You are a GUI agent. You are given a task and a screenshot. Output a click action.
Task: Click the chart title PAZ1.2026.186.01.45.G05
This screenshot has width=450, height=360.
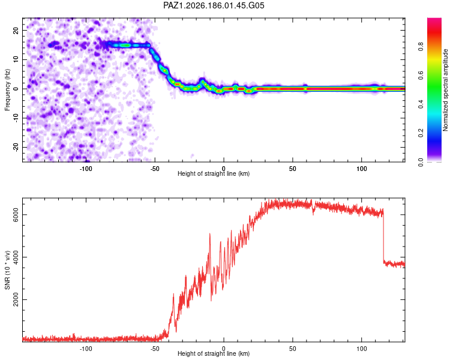[x=214, y=5]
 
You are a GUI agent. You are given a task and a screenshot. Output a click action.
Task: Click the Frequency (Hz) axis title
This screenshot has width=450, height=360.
[x=7, y=89]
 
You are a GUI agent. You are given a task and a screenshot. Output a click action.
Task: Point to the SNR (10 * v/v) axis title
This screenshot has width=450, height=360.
[x=7, y=270]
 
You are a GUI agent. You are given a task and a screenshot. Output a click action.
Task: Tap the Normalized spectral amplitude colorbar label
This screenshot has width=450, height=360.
[x=445, y=90]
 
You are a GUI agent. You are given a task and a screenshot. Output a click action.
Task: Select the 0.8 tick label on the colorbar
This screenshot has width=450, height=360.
[x=421, y=47]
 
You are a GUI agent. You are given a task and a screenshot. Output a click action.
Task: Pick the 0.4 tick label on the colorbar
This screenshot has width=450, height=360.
[x=421, y=104]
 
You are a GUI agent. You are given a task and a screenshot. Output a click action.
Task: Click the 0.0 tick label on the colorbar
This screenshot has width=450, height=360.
[x=421, y=162]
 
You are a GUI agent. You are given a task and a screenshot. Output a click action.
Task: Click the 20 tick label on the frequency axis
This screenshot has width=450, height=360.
[x=16, y=31]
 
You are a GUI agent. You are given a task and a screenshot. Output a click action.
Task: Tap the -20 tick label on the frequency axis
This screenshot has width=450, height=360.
[x=16, y=148]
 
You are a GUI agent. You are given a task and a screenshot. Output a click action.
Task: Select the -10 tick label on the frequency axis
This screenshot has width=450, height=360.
[x=16, y=118]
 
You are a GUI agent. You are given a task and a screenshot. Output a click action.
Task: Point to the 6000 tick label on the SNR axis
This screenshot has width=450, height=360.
[x=16, y=215]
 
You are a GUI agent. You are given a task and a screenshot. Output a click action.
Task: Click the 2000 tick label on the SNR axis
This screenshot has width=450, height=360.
[x=16, y=300]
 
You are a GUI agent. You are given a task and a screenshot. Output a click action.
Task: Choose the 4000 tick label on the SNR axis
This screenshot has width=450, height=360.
[x=16, y=257]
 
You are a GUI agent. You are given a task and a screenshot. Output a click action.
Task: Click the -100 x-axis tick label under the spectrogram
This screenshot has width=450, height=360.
[x=86, y=169]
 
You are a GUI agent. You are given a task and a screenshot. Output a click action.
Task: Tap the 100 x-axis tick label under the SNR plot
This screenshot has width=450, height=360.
[x=362, y=349]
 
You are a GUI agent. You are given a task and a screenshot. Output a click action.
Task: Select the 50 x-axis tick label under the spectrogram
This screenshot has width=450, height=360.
[x=292, y=169]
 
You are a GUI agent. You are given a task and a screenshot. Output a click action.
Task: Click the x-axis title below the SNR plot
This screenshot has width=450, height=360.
[x=214, y=353]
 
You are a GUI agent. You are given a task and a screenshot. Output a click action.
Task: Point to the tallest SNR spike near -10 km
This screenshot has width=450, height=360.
[x=210, y=234]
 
